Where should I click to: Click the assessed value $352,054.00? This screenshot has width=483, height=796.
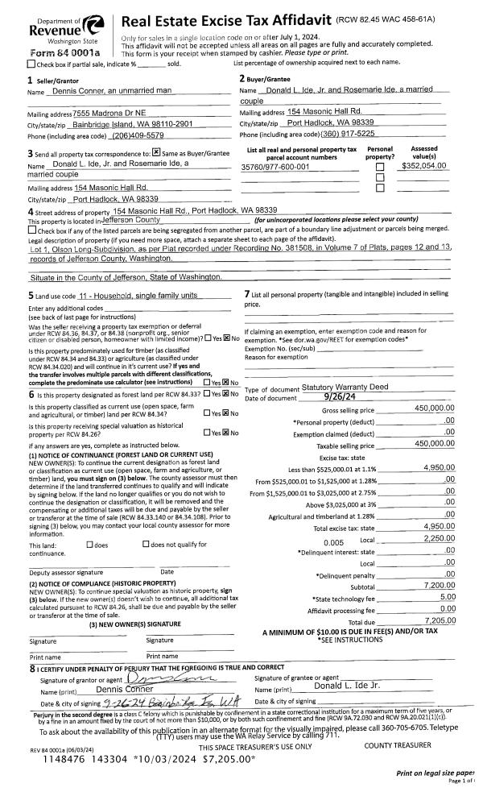click(x=425, y=165)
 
